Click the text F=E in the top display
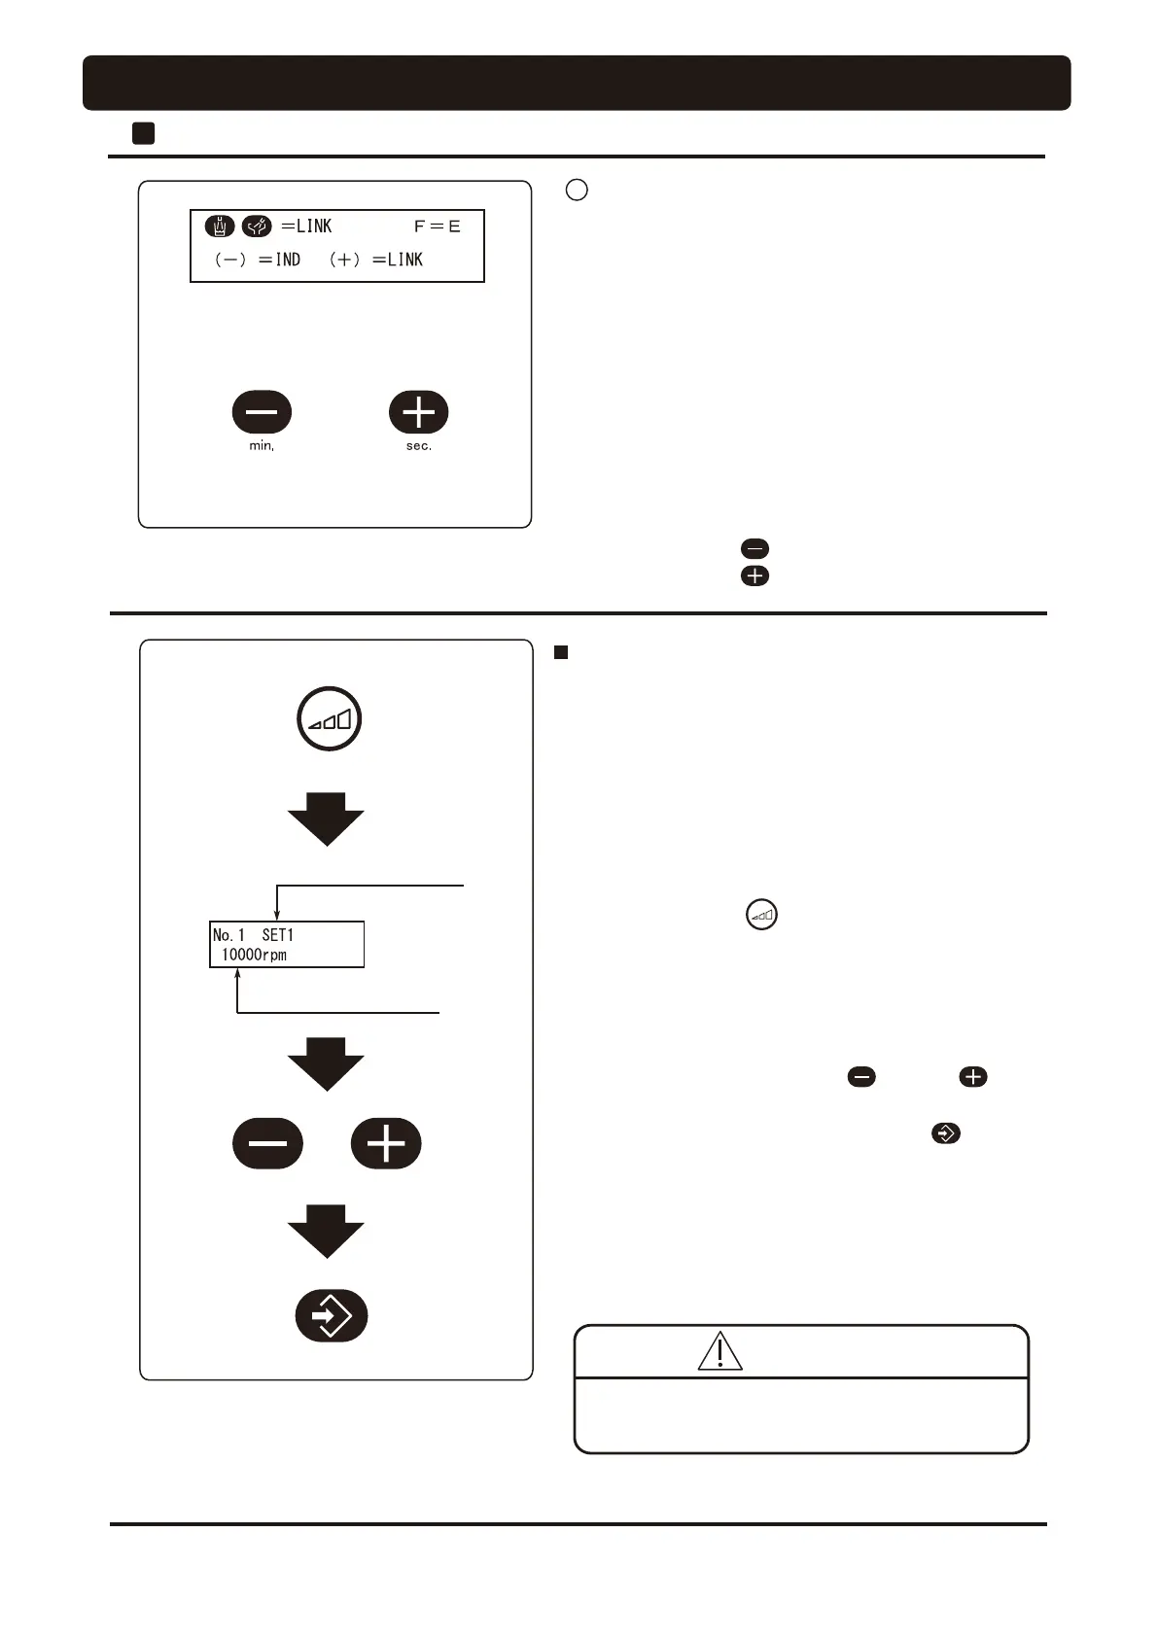(x=437, y=226)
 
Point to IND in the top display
(x=288, y=260)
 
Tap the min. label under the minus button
(x=262, y=446)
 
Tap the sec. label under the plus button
(x=419, y=446)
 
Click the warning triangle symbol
(x=719, y=1351)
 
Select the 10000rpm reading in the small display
(x=254, y=955)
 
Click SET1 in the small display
(x=277, y=935)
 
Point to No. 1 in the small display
(x=228, y=935)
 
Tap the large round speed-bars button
(x=330, y=719)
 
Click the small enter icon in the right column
(x=945, y=1133)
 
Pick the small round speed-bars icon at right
(x=761, y=915)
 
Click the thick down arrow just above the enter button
(x=326, y=1231)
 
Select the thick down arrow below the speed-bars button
(x=326, y=818)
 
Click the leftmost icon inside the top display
(x=220, y=226)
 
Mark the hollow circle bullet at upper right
(x=577, y=190)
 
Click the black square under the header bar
(x=143, y=133)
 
